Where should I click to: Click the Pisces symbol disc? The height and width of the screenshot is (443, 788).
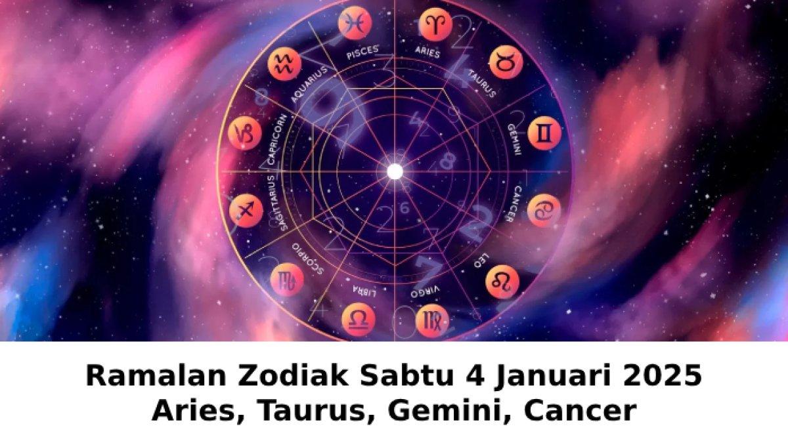pos(355,23)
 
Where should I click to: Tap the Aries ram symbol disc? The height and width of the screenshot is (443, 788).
pos(435,25)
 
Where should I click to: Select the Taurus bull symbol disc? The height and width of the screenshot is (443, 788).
pos(506,62)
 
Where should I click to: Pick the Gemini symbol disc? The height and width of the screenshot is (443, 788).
pos(544,133)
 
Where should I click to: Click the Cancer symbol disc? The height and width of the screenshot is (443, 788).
pos(544,210)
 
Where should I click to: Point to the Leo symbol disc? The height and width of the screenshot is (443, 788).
pos(502,282)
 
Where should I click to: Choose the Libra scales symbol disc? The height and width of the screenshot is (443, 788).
pos(359,320)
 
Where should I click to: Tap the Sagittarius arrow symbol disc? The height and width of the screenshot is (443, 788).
pos(246,211)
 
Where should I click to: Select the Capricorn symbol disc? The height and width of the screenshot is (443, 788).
pos(244,133)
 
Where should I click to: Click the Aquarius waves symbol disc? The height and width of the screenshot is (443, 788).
pos(284,64)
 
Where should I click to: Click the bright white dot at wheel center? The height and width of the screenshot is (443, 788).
pos(395,171)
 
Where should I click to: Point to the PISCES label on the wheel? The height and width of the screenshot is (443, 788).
pos(363,53)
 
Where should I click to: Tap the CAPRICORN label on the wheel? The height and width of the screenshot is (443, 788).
pos(277,140)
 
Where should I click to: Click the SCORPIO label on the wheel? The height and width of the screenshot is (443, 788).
pos(307,258)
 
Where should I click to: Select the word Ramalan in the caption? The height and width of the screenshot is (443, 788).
pos(156,377)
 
